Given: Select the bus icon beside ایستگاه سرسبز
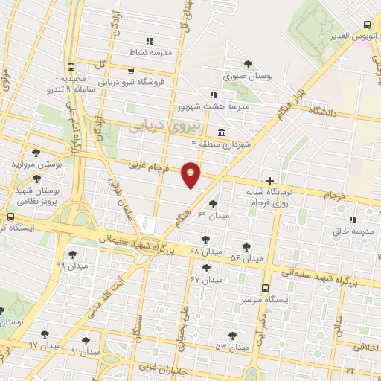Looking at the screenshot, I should click(x=266, y=288).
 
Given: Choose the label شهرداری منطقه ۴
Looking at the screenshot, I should click(x=222, y=142).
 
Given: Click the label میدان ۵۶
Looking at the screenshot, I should click(x=247, y=257).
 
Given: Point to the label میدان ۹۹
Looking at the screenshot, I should click(x=72, y=264).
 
